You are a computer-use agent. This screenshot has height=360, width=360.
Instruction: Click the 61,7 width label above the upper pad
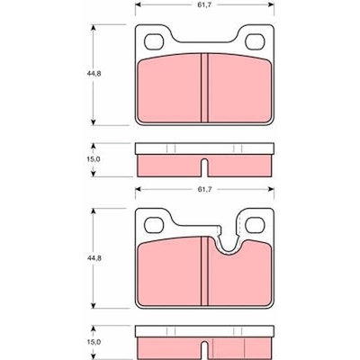pyautogui.click(x=204, y=4)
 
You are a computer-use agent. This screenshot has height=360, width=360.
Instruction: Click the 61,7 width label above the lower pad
pyautogui.click(x=204, y=189)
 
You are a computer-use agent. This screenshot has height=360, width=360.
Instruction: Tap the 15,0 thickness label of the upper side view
pyautogui.click(x=94, y=159)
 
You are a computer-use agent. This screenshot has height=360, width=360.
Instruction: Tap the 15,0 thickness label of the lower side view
pyautogui.click(x=94, y=342)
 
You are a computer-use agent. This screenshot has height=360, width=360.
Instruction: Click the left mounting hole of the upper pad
pyautogui.click(x=154, y=41)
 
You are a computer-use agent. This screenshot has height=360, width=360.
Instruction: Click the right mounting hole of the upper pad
pyautogui.click(x=255, y=41)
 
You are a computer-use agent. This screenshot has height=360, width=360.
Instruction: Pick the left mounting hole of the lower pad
pyautogui.click(x=154, y=225)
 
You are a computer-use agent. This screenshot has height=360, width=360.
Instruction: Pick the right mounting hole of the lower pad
pyautogui.click(x=255, y=225)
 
